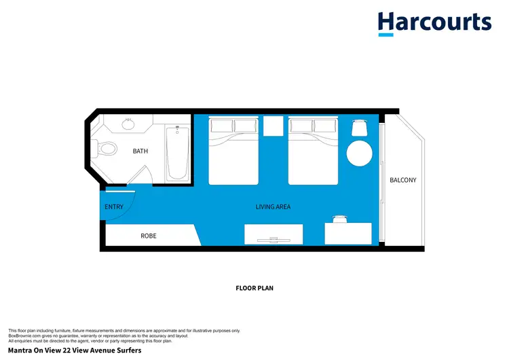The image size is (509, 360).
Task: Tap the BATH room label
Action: click(140, 151)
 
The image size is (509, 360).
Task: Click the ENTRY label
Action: click(113, 207)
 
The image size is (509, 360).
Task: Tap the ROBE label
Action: click(149, 236)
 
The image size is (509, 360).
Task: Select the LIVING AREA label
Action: click(273, 206)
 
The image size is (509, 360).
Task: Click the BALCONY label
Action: click(403, 180)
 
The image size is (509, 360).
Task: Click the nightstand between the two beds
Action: click(273, 126)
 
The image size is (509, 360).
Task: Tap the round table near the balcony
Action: click(359, 153)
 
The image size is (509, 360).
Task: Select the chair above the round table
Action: click(360, 128)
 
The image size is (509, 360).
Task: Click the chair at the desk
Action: click(339, 218)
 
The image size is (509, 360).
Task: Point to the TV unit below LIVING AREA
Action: click(274, 234)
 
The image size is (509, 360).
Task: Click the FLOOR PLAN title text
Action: click(254, 288)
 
